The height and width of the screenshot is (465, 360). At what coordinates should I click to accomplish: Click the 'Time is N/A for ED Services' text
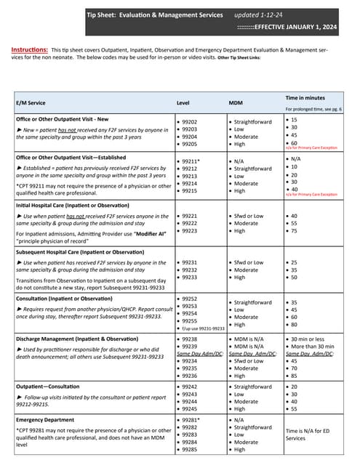(x=305, y=434)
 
